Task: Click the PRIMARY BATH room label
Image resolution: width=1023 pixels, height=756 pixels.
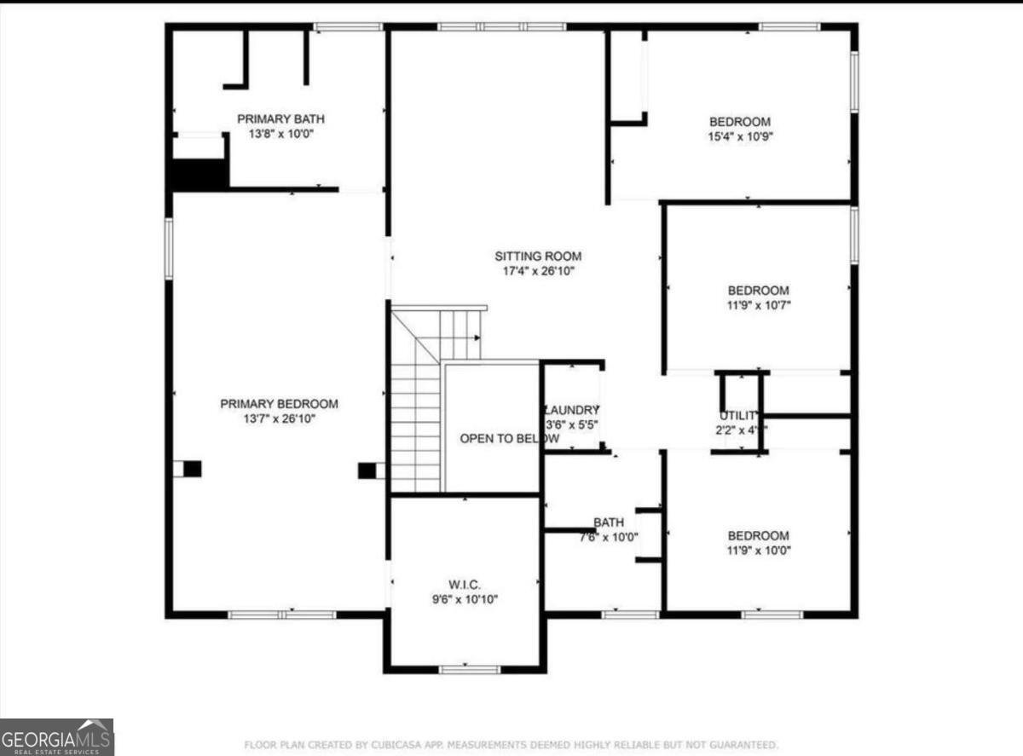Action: tap(280, 119)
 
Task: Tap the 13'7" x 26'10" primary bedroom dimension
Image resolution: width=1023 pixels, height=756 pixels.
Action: tap(279, 418)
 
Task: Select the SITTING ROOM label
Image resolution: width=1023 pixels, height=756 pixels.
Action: tap(538, 256)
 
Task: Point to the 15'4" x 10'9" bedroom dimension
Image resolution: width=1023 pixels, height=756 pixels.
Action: tap(740, 136)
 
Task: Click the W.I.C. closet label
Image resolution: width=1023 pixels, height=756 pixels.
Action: tap(465, 585)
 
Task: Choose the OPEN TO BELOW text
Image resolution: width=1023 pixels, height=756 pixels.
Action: tap(509, 438)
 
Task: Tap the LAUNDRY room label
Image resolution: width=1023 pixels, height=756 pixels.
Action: tap(572, 410)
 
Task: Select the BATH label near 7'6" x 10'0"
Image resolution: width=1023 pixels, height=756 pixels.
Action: tap(609, 522)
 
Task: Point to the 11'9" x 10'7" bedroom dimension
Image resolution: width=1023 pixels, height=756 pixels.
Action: tap(758, 305)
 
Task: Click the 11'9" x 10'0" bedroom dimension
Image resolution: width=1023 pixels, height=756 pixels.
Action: tap(758, 551)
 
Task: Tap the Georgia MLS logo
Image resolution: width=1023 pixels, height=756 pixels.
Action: tap(56, 736)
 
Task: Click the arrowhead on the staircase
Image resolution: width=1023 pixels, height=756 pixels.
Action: tap(477, 339)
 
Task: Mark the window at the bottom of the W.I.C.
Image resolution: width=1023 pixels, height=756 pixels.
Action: tap(469, 669)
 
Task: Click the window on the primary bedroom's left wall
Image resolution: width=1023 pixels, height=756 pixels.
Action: tap(169, 248)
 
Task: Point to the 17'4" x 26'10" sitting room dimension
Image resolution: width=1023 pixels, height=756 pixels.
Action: tap(538, 271)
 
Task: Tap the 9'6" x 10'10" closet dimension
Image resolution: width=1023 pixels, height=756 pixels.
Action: tap(465, 599)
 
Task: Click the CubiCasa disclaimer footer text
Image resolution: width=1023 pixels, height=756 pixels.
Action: tap(511, 744)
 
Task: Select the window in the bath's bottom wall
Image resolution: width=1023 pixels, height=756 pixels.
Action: tap(630, 614)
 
